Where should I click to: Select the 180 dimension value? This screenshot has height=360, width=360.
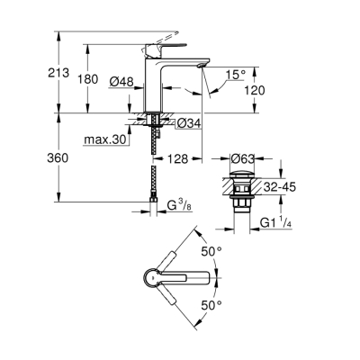pyautogui.click(x=88, y=79)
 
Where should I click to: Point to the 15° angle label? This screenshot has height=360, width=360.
pyautogui.click(x=236, y=74)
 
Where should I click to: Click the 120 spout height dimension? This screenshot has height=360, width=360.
pyautogui.click(x=254, y=92)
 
